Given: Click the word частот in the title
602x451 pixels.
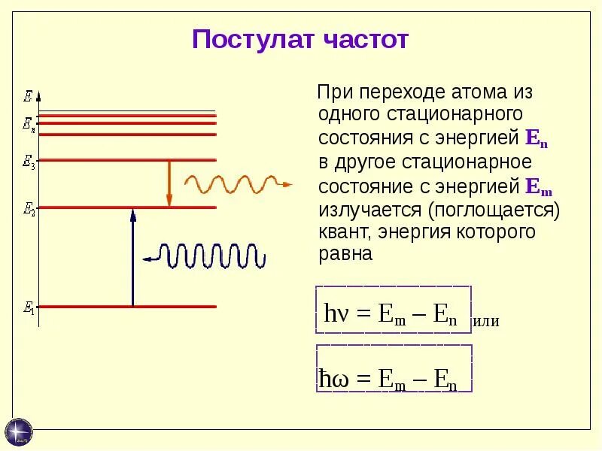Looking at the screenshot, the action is point(366,39).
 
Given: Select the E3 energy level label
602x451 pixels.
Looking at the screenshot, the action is point(29,162).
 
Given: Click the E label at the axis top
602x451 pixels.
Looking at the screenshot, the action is point(28,95).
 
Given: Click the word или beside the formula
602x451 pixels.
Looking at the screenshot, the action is point(486,322).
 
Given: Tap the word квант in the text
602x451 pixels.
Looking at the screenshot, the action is point(345,232).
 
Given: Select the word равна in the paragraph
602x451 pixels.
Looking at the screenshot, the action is point(345,254).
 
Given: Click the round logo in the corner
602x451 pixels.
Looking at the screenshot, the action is point(19,431).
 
